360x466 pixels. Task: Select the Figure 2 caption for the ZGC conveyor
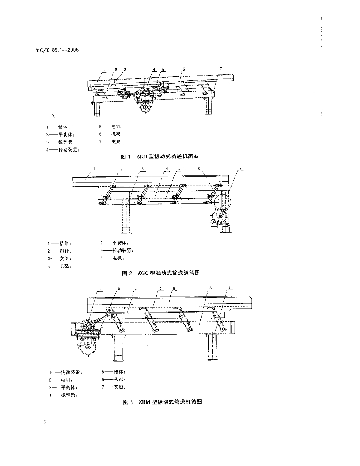(161, 273)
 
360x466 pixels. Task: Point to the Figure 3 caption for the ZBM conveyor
(162, 402)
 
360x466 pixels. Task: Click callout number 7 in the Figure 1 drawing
(220, 69)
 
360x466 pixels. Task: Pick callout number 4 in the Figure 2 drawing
(167, 169)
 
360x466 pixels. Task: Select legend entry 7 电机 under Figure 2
(112, 258)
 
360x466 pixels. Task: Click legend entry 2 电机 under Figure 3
(59, 380)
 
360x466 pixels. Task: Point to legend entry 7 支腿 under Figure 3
(114, 387)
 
